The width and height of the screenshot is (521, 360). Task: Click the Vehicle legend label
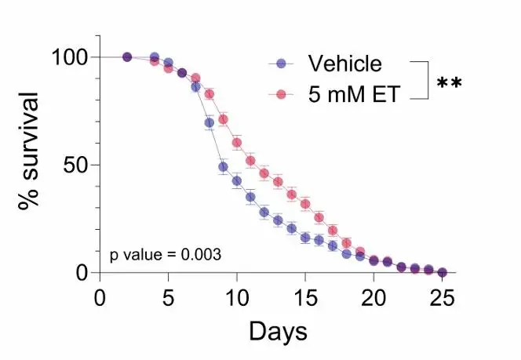[344, 64]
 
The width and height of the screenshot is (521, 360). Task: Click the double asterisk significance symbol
[450, 82]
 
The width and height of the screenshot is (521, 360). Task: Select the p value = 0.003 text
[165, 254]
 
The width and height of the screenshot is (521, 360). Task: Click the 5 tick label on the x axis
[168, 298]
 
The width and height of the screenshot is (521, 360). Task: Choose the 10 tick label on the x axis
[236, 298]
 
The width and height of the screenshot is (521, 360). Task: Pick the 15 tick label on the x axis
[305, 298]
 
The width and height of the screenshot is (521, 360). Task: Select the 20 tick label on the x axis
[373, 298]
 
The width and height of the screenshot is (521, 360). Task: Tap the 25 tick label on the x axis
[442, 298]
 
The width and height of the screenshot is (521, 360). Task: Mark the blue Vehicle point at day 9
[223, 167]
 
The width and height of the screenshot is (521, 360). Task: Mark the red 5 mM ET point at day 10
[236, 143]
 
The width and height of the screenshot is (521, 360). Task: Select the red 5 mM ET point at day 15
[305, 204]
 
